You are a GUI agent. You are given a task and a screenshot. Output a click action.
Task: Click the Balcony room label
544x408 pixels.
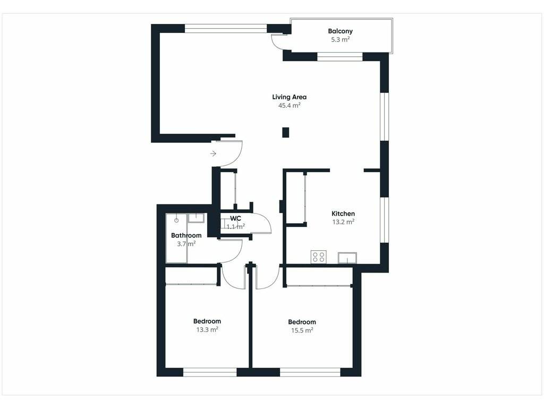(x=340, y=31)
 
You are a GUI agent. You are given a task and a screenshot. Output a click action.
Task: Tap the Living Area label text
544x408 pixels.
(x=289, y=97)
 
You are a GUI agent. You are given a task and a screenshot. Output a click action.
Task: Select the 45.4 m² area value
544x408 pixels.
(x=289, y=105)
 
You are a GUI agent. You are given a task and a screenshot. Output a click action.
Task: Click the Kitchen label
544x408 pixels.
(x=343, y=214)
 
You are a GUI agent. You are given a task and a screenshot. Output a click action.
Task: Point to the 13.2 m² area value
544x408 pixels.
(x=343, y=222)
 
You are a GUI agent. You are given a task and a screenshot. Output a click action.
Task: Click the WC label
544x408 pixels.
(x=235, y=218)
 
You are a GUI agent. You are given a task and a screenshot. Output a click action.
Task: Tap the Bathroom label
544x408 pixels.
(x=186, y=235)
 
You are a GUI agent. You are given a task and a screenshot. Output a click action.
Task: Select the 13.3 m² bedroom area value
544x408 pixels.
(x=207, y=329)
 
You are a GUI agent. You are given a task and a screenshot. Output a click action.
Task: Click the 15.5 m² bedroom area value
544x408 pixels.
(x=302, y=330)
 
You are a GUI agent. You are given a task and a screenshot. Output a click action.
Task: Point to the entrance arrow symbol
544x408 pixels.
(x=213, y=154)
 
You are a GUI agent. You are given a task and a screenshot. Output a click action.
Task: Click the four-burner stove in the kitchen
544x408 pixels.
(x=319, y=257)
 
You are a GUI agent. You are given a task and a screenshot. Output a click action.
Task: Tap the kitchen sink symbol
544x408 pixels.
(x=347, y=258)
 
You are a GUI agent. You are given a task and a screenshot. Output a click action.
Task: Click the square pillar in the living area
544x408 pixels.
(x=285, y=132)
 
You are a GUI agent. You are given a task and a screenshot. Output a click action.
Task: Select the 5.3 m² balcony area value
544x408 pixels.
(x=340, y=39)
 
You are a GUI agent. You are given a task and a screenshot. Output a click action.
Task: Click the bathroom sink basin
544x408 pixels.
(x=197, y=218)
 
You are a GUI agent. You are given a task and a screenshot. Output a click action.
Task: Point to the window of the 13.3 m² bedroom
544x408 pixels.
(x=209, y=372)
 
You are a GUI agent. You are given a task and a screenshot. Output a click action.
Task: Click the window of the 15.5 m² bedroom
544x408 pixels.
(x=310, y=372)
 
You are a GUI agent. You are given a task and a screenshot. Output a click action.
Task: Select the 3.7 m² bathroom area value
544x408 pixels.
(x=186, y=243)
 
